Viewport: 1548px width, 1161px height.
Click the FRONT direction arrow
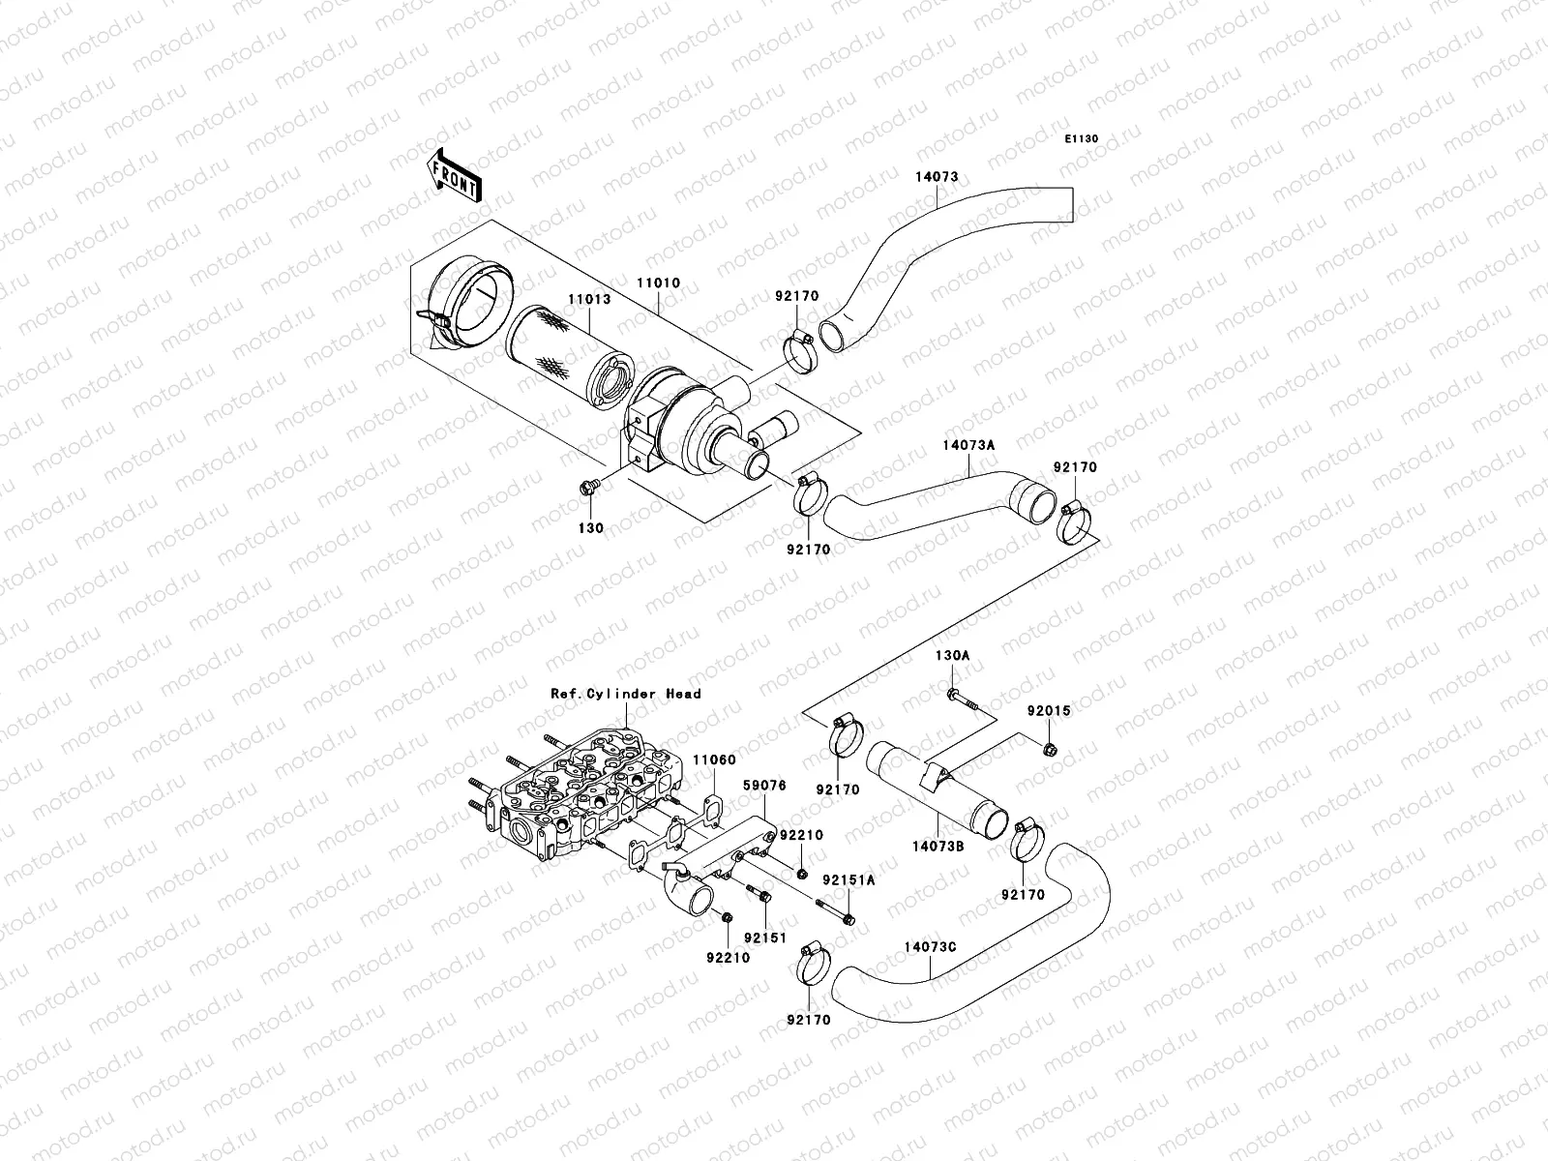455,175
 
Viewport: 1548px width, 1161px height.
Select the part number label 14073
937,177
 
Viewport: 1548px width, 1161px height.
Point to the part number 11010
658,283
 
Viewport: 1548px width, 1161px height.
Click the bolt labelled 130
587,488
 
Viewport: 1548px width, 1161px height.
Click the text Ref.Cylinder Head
626,694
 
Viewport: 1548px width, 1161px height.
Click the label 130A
951,655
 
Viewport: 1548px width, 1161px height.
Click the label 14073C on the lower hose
931,946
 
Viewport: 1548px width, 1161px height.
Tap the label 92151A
848,880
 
